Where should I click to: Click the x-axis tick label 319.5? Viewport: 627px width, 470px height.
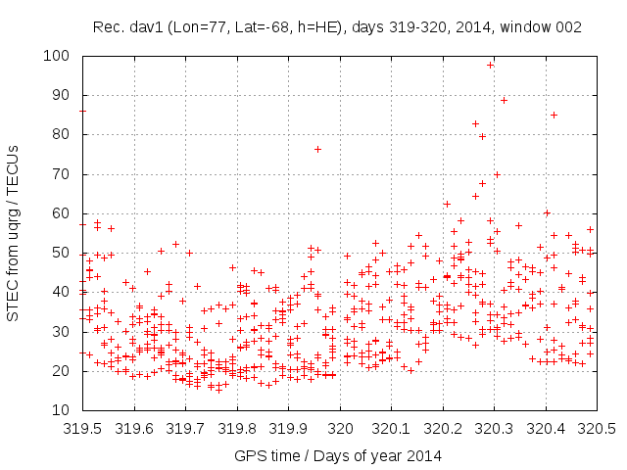pos(83,428)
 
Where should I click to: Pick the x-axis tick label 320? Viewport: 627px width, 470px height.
pos(340,428)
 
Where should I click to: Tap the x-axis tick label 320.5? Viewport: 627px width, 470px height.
pos(597,428)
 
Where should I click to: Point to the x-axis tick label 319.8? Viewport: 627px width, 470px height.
pos(237,428)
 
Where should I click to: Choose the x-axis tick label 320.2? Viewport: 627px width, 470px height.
pos(443,428)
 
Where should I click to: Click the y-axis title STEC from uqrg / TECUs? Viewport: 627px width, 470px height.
pos(14,233)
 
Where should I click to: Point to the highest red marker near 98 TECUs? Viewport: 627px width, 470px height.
pos(490,65)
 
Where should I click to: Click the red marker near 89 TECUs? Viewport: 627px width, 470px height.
pos(505,100)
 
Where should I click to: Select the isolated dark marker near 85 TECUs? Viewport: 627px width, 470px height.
pos(554,115)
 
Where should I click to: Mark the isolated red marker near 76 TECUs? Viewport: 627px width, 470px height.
pos(317,149)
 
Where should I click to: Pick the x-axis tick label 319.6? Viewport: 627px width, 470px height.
pos(134,428)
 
